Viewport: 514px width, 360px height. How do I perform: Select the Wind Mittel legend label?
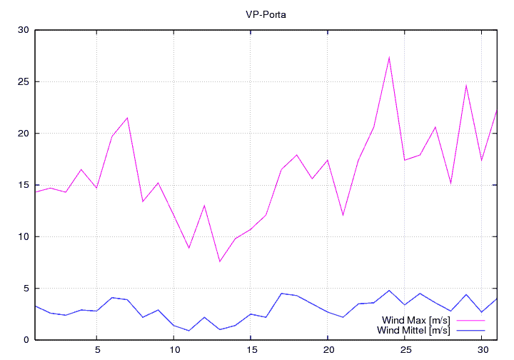point(413,330)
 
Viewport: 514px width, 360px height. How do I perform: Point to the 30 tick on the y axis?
point(24,30)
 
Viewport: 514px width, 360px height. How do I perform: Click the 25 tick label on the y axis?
point(24,81)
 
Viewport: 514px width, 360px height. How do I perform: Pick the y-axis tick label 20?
point(24,134)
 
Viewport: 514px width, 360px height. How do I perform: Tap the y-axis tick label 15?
point(24,185)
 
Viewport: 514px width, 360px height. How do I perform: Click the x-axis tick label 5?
point(96,350)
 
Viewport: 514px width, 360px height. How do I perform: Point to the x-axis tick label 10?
point(173,350)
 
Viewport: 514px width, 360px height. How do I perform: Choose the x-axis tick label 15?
point(251,350)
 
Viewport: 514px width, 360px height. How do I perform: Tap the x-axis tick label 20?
point(328,350)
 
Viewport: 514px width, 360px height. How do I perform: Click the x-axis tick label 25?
point(405,350)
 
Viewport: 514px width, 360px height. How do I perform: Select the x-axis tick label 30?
point(482,350)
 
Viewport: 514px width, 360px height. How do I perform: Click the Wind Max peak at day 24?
point(389,57)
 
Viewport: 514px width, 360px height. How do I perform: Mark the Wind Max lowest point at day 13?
point(220,261)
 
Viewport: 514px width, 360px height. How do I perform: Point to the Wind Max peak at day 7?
point(127,118)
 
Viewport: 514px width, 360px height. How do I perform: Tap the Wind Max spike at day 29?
point(466,86)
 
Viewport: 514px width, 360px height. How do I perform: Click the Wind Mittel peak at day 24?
point(389,291)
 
